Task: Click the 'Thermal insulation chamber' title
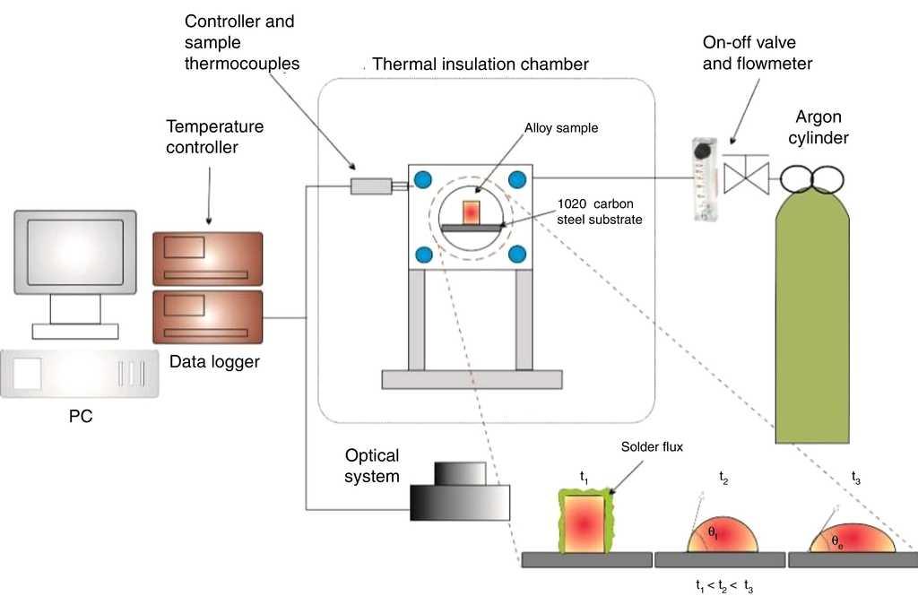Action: [480, 65]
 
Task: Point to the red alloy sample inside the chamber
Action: [472, 213]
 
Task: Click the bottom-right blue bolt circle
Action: [517, 254]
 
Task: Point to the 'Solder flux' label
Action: [647, 446]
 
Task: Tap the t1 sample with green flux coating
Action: [586, 522]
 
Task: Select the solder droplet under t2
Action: [723, 534]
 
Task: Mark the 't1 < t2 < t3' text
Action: [725, 585]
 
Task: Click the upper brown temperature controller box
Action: [207, 258]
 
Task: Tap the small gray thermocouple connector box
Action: [370, 186]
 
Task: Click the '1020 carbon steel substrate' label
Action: [598, 212]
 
